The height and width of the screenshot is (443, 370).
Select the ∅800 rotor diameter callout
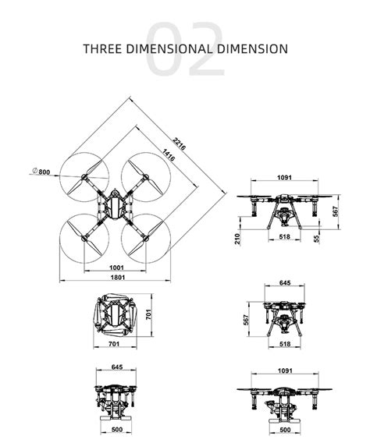[41, 171]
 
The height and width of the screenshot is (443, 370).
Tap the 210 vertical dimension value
[237, 239]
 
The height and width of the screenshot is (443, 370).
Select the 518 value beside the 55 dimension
[285, 236]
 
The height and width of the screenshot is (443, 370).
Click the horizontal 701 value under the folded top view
[113, 344]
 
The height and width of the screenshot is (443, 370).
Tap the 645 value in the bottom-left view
[117, 367]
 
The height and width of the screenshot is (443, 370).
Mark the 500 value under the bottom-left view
[117, 429]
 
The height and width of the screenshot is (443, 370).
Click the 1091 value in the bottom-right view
[285, 372]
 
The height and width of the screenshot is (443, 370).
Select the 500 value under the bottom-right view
[285, 429]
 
